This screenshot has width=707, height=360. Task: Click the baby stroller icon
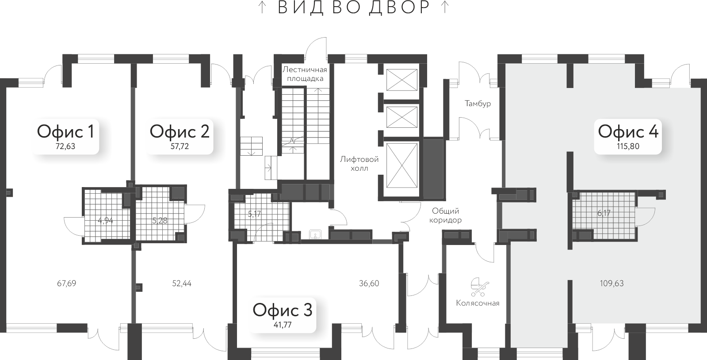[478, 287]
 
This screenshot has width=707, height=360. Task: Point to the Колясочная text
[478, 303]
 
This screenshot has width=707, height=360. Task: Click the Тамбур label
[478, 103]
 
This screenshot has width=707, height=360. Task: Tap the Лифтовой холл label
[359, 164]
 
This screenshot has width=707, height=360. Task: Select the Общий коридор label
[446, 215]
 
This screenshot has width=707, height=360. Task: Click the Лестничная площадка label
[305, 74]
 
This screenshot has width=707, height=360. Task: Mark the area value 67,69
[67, 283]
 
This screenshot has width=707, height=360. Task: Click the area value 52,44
[182, 283]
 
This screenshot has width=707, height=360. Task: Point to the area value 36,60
[369, 283]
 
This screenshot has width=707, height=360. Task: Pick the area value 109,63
[612, 283]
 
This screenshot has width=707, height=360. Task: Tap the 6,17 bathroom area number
[604, 213]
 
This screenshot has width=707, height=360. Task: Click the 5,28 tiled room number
[160, 220]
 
